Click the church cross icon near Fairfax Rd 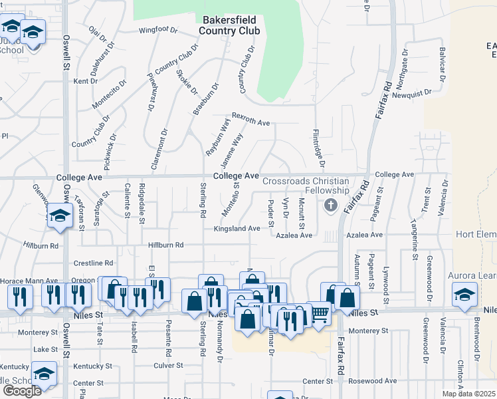click(330, 206)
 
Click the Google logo click(22, 390)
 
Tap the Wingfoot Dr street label click(158, 30)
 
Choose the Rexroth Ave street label click(250, 123)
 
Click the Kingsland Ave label click(237, 228)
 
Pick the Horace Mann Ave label click(29, 281)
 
